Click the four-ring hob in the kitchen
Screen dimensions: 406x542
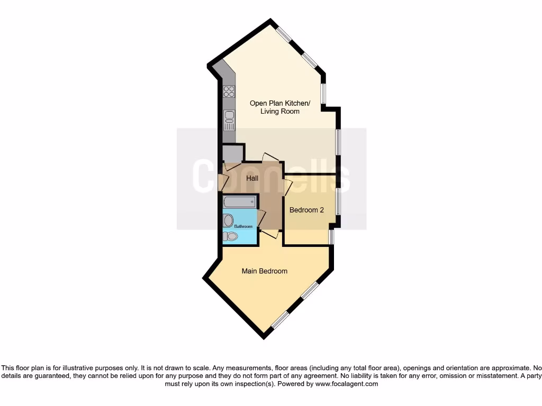(229, 91)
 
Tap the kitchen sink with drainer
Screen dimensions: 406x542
(229, 119)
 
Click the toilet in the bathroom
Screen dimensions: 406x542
(229, 236)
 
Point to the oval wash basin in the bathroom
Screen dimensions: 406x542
(229, 220)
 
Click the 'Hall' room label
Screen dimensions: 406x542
(252, 179)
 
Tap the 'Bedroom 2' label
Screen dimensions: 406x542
(306, 210)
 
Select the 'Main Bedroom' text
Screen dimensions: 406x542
(265, 271)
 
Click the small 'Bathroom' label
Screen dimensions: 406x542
(244, 226)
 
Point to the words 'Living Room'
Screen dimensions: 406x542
(280, 112)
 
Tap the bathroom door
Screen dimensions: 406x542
(260, 218)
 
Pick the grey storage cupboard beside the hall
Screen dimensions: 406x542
(232, 153)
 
